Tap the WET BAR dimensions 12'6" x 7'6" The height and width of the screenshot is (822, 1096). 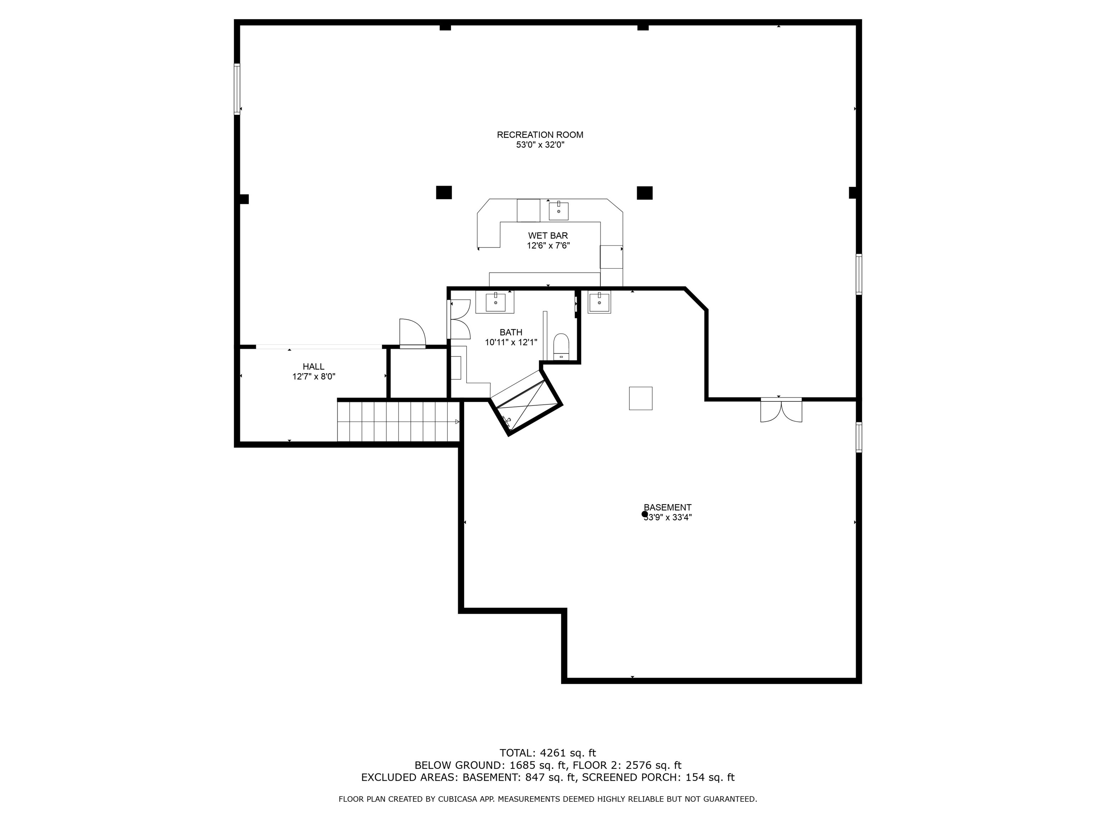[548, 246]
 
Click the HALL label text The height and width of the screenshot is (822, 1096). [313, 367]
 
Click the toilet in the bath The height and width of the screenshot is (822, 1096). [561, 346]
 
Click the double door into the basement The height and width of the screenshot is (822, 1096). [781, 410]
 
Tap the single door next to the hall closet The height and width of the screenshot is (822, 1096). [412, 334]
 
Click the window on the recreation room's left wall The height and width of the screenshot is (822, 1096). [237, 89]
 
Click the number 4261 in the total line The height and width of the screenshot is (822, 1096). [553, 753]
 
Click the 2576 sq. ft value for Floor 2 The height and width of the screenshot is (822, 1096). [655, 766]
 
